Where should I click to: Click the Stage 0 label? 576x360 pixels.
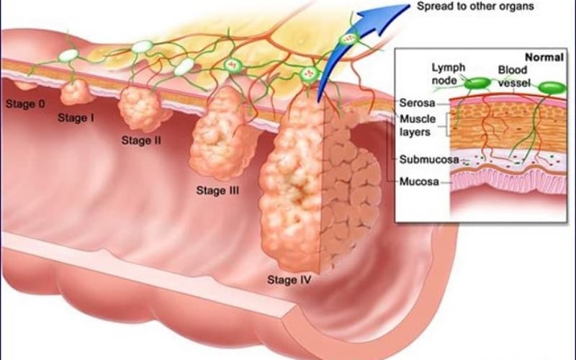click(x=25, y=104)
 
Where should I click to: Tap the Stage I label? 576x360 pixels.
click(x=76, y=118)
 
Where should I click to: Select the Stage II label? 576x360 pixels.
click(x=141, y=140)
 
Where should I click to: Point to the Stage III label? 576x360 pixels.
click(x=217, y=190)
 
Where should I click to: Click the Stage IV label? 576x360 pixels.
click(x=289, y=280)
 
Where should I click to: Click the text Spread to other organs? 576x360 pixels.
click(x=475, y=6)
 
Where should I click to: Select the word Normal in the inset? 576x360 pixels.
click(x=544, y=58)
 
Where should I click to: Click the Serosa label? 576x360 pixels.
click(x=418, y=103)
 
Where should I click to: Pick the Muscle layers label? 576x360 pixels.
click(x=418, y=125)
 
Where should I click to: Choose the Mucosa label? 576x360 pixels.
click(x=419, y=181)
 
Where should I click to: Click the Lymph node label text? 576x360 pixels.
click(x=448, y=74)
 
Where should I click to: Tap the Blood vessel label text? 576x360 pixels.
click(x=513, y=76)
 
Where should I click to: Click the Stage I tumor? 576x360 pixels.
click(x=76, y=92)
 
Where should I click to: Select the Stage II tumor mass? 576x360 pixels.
click(x=141, y=109)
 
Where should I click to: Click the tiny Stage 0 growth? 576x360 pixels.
click(x=25, y=86)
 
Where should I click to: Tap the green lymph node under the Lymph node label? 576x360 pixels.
click(x=477, y=84)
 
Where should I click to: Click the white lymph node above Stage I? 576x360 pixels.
click(x=68, y=55)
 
